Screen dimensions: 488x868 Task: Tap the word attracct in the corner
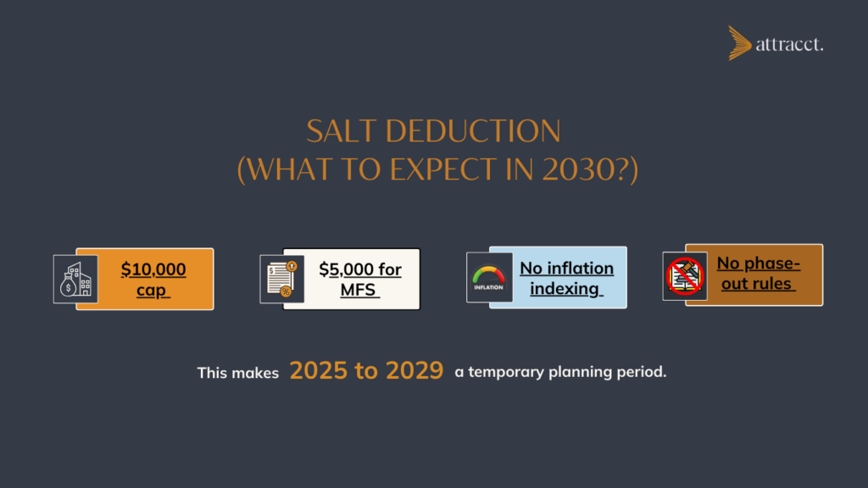(x=788, y=45)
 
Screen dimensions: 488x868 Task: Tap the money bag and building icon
(x=75, y=280)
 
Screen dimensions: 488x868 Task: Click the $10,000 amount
(x=153, y=269)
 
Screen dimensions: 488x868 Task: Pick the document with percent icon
(x=281, y=280)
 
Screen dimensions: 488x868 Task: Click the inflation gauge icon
(x=488, y=278)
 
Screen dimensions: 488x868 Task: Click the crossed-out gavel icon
(x=685, y=276)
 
